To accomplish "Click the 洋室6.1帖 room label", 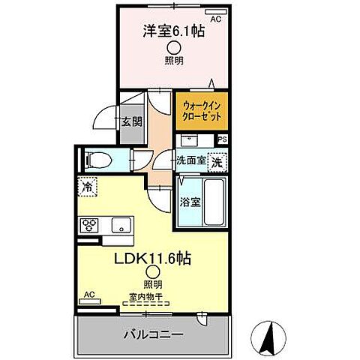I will [x=172, y=32].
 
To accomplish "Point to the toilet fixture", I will [x=97, y=159].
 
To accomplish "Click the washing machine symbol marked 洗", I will [x=216, y=160].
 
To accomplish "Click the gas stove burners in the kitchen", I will [x=90, y=224].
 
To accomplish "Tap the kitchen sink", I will [x=121, y=224].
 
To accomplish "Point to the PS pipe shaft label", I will [x=222, y=139].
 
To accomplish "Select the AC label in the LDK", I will [x=88, y=294].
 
